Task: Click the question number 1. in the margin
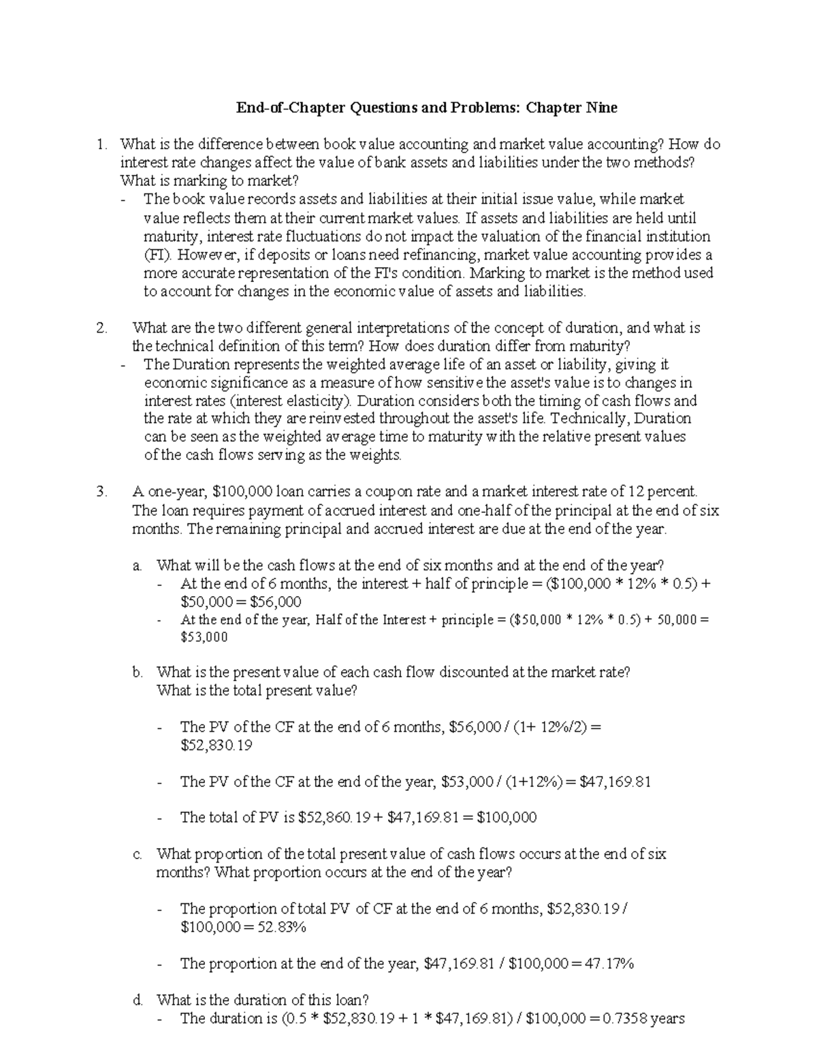pyautogui.click(x=102, y=144)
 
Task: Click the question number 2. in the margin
pyautogui.click(x=102, y=328)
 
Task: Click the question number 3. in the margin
pyautogui.click(x=102, y=492)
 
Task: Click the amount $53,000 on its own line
pyautogui.click(x=204, y=638)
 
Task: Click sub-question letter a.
pyautogui.click(x=138, y=565)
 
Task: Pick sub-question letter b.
pyautogui.click(x=138, y=672)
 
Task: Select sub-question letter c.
pyautogui.click(x=138, y=854)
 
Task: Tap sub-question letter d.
pyautogui.click(x=138, y=1000)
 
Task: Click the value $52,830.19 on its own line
pyautogui.click(x=216, y=745)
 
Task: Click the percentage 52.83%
pyautogui.click(x=278, y=927)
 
